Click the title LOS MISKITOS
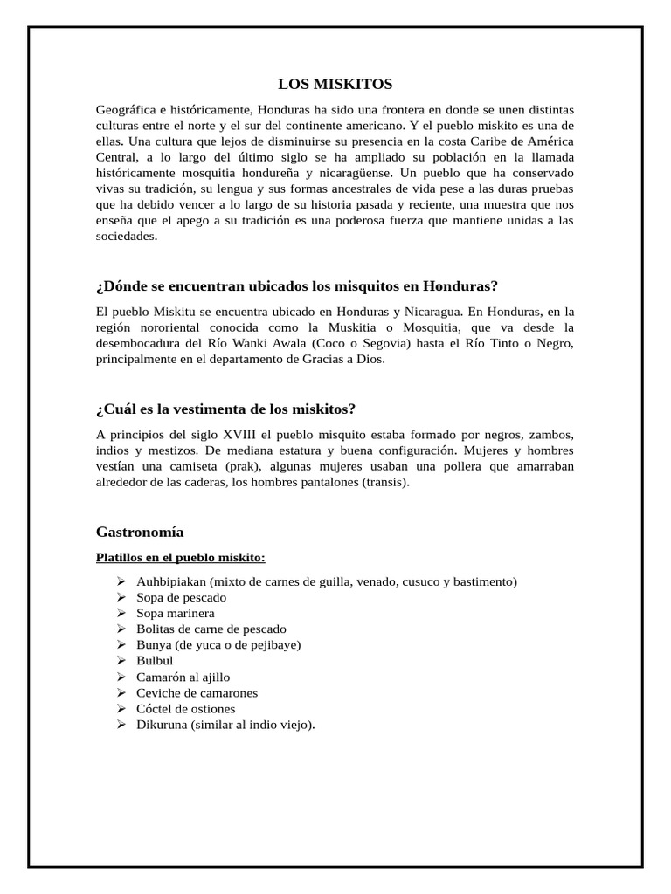coord(335,84)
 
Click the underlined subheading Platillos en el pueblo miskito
coord(180,557)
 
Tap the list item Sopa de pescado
coord(181,597)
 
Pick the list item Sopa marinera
coord(175,613)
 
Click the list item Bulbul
coord(156,661)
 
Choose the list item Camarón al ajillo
coord(183,677)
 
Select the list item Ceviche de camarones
coord(197,692)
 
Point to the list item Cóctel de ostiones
coord(185,708)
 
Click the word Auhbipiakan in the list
coord(171,581)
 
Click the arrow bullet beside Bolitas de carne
coord(121,629)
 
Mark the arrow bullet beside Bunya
coord(121,645)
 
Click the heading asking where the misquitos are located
coord(296,286)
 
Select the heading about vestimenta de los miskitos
coord(225,409)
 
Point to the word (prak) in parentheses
coord(227,466)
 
